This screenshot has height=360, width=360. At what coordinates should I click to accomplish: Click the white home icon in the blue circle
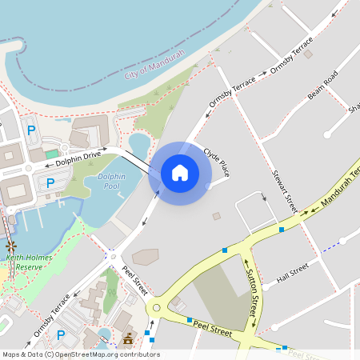180,172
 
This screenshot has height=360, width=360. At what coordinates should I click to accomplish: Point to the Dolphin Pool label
110,181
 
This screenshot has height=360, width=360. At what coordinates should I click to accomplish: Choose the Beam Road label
323,86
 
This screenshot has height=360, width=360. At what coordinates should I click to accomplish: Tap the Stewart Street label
285,190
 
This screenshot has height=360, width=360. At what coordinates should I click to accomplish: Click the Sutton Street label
250,293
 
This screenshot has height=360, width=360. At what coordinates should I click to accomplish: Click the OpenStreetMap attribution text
81,354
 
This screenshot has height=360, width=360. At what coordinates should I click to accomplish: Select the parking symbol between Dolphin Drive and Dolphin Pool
50,184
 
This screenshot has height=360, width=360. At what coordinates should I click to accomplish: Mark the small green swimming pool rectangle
52,153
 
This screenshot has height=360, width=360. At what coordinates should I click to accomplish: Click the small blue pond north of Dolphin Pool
138,145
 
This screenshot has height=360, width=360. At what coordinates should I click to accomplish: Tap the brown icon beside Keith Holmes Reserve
11,246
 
